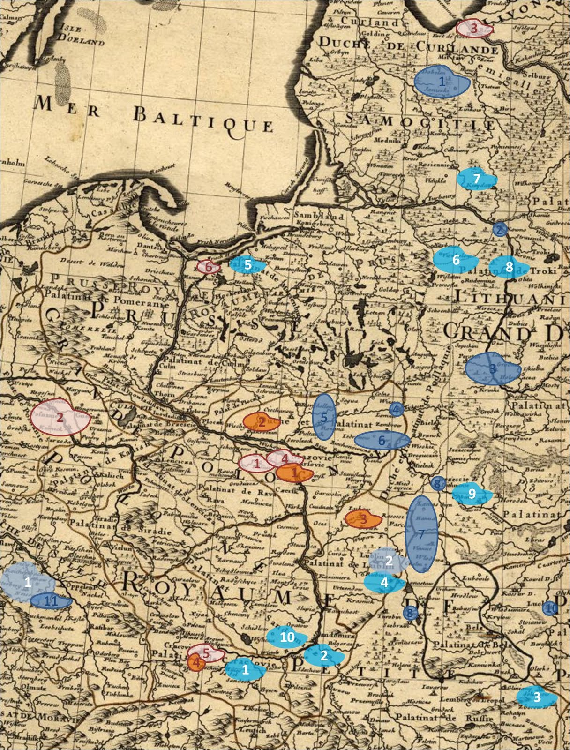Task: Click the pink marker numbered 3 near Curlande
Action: (x=474, y=28)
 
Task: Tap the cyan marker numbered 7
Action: (x=476, y=179)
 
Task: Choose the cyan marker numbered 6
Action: (x=454, y=260)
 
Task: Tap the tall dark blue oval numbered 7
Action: (x=421, y=534)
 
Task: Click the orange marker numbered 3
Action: (x=363, y=518)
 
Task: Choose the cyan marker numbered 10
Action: (x=287, y=636)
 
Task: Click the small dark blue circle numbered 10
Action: (x=549, y=608)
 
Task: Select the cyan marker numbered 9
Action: (x=472, y=494)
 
